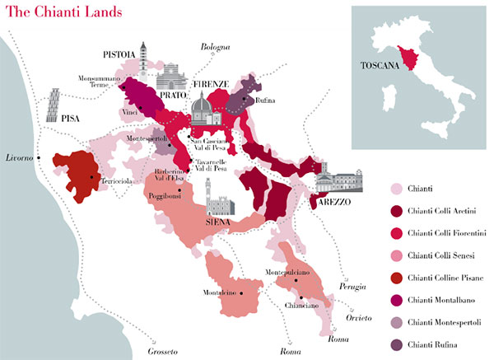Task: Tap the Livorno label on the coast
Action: tap(21, 157)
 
